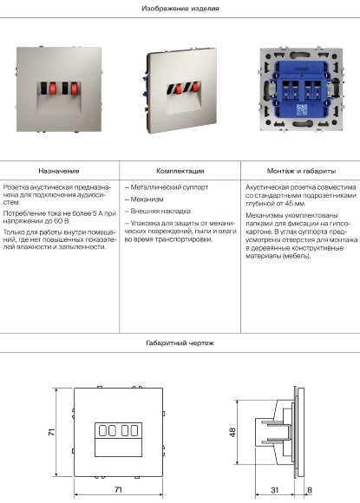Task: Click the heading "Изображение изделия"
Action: pyautogui.click(x=180, y=8)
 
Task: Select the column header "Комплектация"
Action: pyautogui.click(x=180, y=172)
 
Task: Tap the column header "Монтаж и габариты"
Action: pyautogui.click(x=300, y=172)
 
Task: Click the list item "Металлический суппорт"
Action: pyautogui.click(x=160, y=186)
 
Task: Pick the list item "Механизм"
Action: pyautogui.click(x=144, y=199)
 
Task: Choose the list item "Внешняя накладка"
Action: pyautogui.click(x=156, y=211)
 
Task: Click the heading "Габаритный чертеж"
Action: pyautogui.click(x=180, y=343)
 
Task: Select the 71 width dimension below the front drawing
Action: pyautogui.click(x=118, y=490)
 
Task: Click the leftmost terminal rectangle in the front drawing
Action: pyautogui.click(x=101, y=429)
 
